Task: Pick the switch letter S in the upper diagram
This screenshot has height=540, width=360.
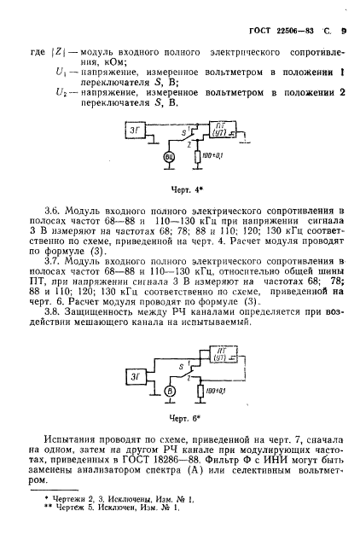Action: pyautogui.click(x=179, y=134)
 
